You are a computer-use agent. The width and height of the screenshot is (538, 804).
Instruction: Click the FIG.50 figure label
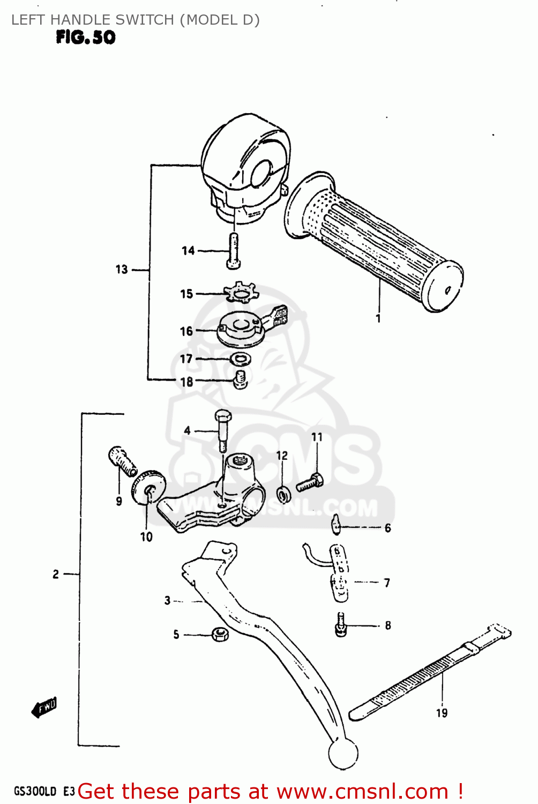(86, 38)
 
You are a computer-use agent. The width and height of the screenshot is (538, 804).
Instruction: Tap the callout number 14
(188, 250)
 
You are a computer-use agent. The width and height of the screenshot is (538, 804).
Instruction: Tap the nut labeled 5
(220, 634)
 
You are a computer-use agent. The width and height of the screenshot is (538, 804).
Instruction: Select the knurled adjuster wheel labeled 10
(148, 488)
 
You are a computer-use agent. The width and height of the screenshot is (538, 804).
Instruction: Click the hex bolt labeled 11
(310, 482)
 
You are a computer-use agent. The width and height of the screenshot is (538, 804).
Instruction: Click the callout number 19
(442, 713)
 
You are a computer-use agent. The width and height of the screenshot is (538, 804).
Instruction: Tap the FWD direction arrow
(44, 709)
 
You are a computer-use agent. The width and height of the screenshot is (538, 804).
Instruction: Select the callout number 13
(122, 269)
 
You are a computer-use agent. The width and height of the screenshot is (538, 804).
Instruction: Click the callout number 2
(56, 574)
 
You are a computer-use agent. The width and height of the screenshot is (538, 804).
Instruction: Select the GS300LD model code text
(35, 791)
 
